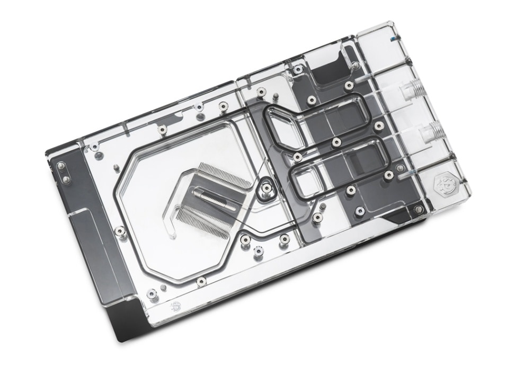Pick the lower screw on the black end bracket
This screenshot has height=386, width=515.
(66, 179)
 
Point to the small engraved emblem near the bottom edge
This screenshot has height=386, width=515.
(175, 306)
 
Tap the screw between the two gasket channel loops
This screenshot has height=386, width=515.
(336, 142)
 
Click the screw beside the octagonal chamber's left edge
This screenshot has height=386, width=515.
(121, 231)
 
